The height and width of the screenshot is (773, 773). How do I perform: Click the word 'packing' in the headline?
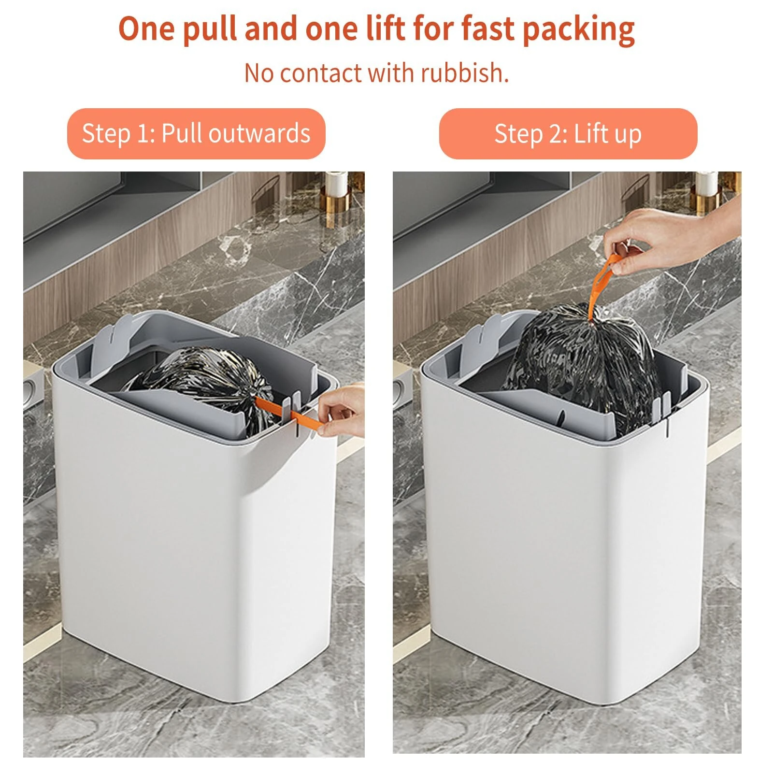click(578, 30)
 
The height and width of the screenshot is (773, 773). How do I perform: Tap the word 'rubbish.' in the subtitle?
click(464, 73)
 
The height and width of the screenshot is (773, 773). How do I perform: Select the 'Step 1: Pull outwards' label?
click(196, 134)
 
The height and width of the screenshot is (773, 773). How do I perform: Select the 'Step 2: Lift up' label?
click(568, 134)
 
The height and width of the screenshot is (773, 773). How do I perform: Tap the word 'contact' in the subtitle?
click(320, 73)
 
